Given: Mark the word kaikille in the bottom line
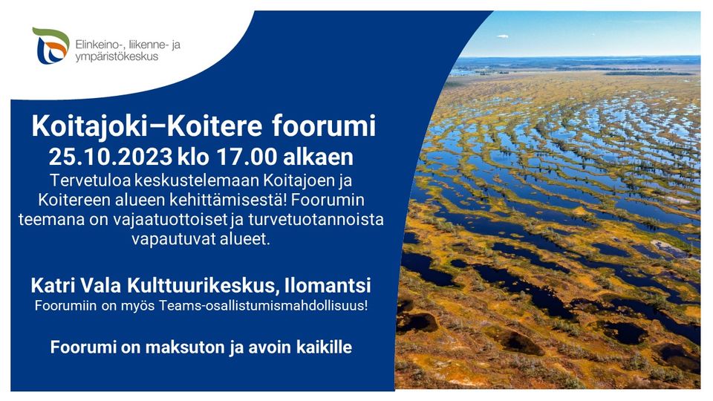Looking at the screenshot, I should click(x=319, y=346).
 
